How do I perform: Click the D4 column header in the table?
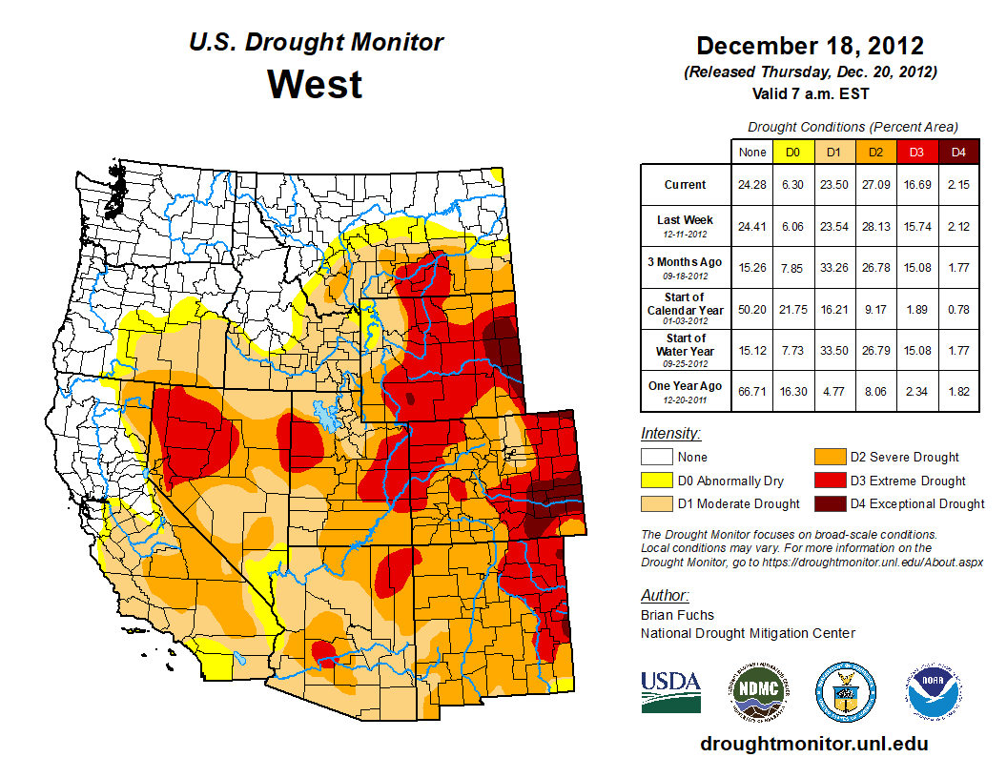click(x=958, y=152)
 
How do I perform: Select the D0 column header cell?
click(x=792, y=152)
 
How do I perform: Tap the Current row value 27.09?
click(x=876, y=185)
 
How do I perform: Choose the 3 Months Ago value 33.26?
click(x=834, y=268)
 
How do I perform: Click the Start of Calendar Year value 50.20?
click(x=752, y=309)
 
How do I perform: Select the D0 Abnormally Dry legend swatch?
click(x=655, y=481)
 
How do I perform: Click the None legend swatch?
click(x=655, y=457)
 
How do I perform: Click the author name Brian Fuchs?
click(x=677, y=615)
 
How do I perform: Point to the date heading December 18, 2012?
click(x=810, y=46)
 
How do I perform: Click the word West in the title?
click(x=315, y=84)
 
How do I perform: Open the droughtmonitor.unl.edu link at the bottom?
click(x=813, y=744)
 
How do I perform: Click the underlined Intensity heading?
click(x=670, y=434)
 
